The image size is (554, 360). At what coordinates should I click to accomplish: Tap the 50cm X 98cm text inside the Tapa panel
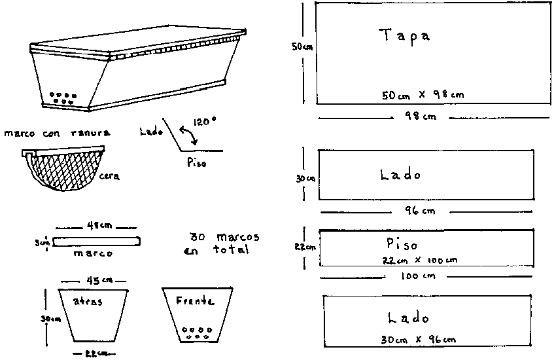(x=423, y=94)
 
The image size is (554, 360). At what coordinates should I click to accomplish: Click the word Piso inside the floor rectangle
(x=402, y=245)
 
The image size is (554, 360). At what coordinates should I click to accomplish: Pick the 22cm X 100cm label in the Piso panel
(x=420, y=259)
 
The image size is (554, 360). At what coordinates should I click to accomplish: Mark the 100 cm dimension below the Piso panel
(x=419, y=276)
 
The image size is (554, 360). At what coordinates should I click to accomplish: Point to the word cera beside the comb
(x=109, y=175)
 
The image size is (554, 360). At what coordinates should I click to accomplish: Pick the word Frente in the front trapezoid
(x=194, y=302)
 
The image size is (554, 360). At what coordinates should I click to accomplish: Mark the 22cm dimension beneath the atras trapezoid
(x=92, y=354)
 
